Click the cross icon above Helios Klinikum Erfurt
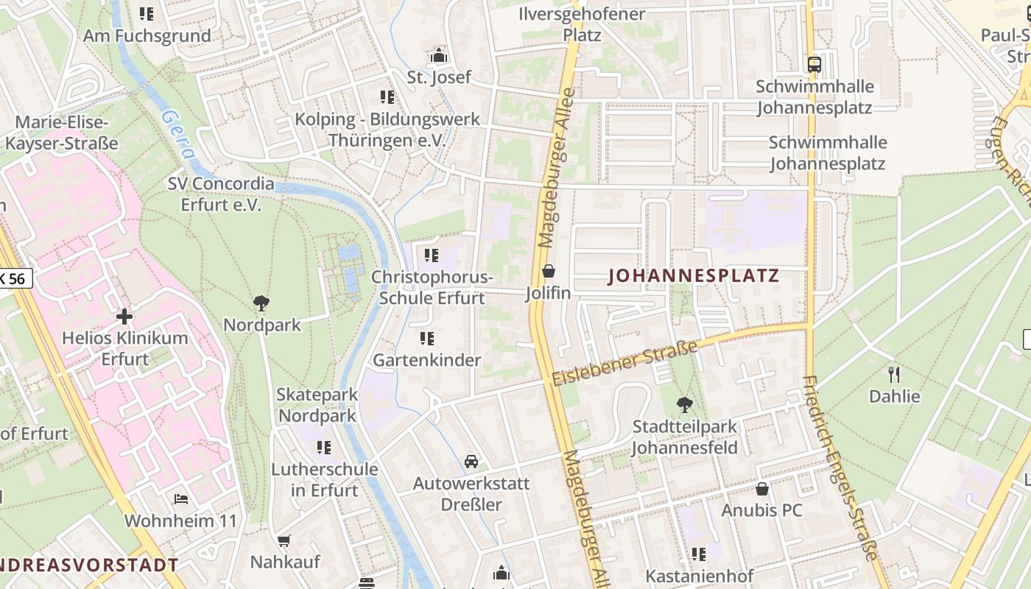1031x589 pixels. [124, 317]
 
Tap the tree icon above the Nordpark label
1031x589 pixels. [261, 303]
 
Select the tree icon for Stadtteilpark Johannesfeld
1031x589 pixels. [684, 404]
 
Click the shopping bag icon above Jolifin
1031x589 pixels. [548, 272]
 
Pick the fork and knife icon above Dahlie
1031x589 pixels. [894, 375]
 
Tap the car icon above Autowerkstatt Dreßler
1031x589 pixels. [471, 462]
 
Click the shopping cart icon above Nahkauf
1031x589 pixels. [284, 540]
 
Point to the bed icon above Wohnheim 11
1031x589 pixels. [181, 499]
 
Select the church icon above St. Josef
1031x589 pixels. [439, 55]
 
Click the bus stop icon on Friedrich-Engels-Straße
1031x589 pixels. [814, 64]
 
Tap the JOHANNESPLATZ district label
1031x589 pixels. [693, 276]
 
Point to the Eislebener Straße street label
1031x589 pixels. [624, 364]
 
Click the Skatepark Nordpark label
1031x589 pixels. [317, 405]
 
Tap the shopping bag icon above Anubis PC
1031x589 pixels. [762, 489]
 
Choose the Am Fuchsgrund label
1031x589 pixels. [147, 35]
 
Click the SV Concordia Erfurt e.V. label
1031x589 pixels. [220, 194]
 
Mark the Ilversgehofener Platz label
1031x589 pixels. [582, 24]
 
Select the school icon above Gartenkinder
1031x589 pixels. [426, 339]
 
